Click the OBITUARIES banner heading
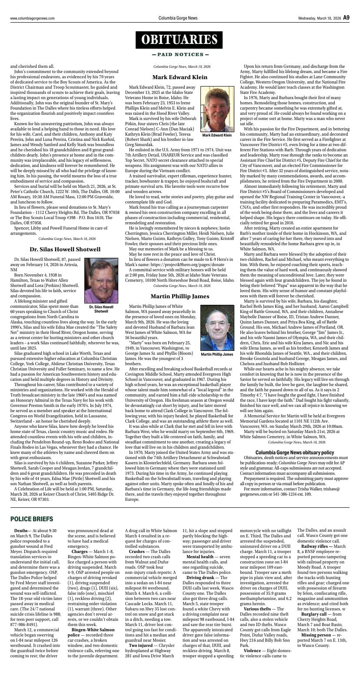point(180,40)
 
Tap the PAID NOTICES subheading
point(180,55)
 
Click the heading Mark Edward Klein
point(180,77)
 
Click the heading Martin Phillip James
point(180,296)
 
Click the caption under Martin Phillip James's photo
point(217,354)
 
